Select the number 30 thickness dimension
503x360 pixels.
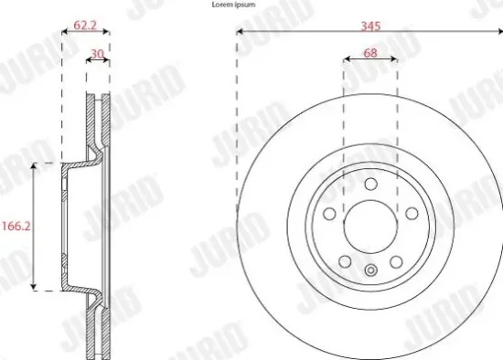pos(97,53)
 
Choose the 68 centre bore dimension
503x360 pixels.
pos(369,53)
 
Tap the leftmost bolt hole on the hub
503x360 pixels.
pos(330,211)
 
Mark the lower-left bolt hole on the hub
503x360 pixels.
pos(345,260)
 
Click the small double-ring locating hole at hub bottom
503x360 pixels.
pos(369,270)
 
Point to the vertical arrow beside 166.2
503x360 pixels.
pos(36,227)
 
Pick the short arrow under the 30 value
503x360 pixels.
pos(99,63)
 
